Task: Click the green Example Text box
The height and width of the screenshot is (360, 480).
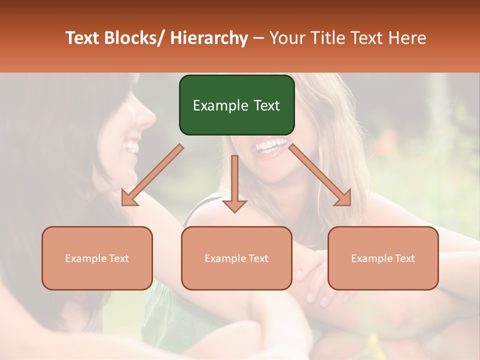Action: click(x=236, y=105)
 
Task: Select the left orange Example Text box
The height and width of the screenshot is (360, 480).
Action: click(x=97, y=258)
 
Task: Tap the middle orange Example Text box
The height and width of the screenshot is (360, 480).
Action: click(x=236, y=258)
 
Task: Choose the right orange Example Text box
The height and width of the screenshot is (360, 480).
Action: click(x=383, y=258)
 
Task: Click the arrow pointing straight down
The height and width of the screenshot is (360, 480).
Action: click(x=234, y=185)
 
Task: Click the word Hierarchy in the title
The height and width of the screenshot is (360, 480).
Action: click(x=208, y=38)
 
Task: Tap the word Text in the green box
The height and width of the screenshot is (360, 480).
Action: click(x=266, y=105)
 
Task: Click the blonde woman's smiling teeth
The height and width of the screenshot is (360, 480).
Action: click(x=271, y=145)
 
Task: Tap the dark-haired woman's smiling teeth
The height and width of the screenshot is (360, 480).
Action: click(x=131, y=146)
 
